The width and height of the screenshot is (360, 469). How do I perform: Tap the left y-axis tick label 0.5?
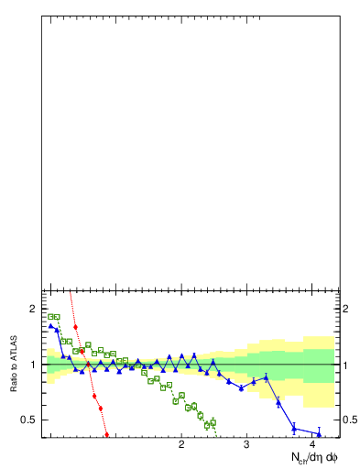click(x=27, y=420)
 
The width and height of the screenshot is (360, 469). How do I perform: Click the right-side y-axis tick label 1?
click(x=345, y=365)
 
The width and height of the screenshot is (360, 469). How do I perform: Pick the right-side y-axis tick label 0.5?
click(x=349, y=420)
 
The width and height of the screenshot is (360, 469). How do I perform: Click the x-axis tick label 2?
click(x=181, y=444)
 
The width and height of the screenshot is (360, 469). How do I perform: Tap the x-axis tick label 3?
click(x=246, y=444)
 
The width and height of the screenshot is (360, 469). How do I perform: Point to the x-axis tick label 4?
click(x=313, y=444)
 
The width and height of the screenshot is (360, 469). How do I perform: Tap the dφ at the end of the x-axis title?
click(x=332, y=456)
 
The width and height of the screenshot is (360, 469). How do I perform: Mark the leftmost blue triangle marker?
click(x=50, y=325)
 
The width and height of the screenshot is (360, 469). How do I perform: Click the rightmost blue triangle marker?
click(x=319, y=433)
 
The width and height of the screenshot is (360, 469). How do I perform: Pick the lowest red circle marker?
click(x=107, y=435)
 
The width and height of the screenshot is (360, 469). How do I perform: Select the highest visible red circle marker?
click(x=75, y=326)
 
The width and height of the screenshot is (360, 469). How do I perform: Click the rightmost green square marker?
click(x=213, y=422)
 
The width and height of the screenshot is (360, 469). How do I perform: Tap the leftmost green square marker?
click(x=50, y=316)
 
